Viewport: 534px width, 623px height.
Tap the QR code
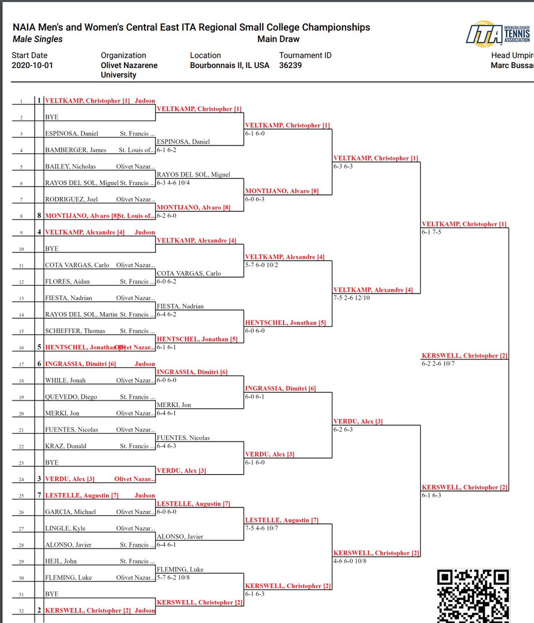click(473, 595)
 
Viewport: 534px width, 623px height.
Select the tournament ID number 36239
click(290, 65)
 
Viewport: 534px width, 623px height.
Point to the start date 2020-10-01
click(32, 65)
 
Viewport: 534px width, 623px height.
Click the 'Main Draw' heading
click(278, 39)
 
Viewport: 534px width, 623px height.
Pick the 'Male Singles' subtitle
click(37, 39)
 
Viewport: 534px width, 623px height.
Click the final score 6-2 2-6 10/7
click(438, 364)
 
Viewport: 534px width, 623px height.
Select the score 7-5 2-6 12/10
click(351, 298)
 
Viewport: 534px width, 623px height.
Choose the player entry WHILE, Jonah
click(66, 381)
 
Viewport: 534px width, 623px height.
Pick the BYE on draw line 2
click(52, 117)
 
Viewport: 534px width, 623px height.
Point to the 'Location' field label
click(205, 56)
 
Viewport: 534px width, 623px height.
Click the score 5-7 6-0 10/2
click(264, 265)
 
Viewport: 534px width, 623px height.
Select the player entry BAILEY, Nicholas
click(71, 167)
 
